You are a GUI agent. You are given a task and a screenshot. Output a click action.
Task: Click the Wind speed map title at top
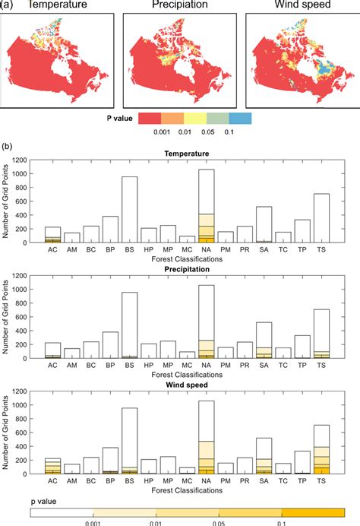click(x=301, y=6)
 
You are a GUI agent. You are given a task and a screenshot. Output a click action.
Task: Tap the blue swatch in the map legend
click(x=240, y=119)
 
